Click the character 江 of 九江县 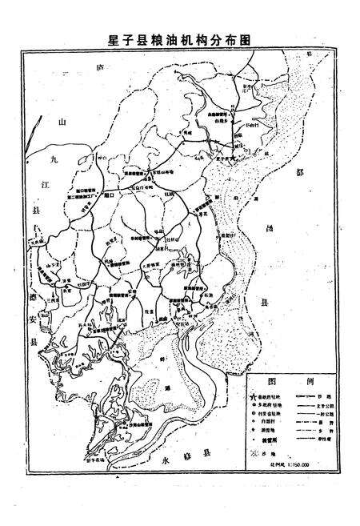pyautogui.click(x=33, y=184)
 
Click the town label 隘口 pyautogui.click(x=110, y=195)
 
